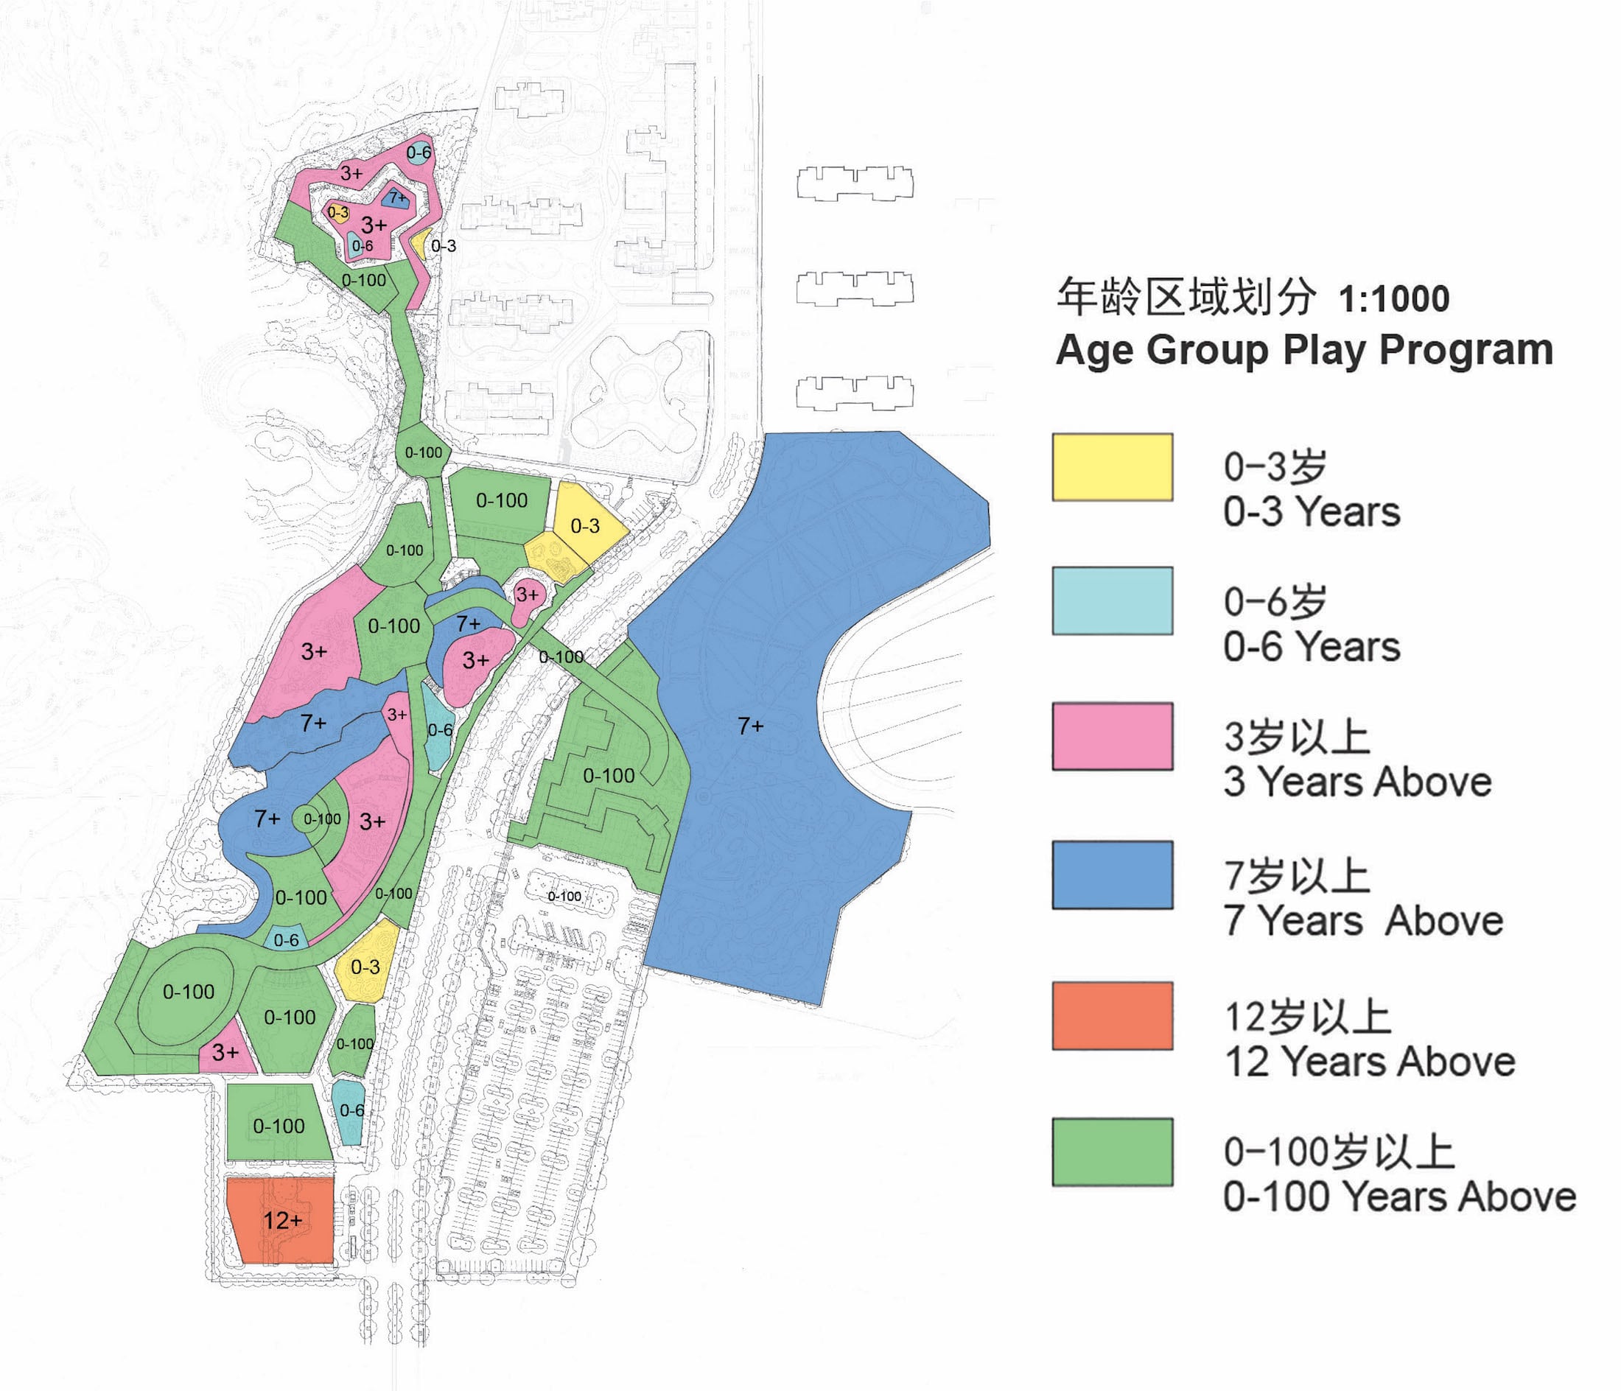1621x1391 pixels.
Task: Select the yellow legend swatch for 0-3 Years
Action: pos(1112,467)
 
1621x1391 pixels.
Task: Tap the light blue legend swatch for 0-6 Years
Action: pos(1112,601)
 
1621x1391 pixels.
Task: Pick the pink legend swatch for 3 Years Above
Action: pos(1112,736)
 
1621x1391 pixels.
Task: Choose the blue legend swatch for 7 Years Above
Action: pos(1112,875)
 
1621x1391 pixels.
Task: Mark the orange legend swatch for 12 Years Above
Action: pos(1112,1015)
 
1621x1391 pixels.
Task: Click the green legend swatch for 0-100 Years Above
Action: pos(1112,1152)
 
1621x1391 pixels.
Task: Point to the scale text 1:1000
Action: pos(1393,299)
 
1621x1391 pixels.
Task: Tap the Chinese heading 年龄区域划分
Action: pos(1186,298)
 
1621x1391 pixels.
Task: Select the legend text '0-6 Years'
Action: pos(1312,647)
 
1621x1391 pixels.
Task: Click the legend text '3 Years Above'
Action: pos(1357,782)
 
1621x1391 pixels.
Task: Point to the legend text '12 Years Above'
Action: pos(1369,1062)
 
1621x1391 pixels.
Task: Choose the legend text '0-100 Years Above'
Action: pos(1398,1197)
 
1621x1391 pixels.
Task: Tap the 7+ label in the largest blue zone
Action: pos(750,726)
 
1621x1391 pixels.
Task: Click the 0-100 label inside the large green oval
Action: pos(189,992)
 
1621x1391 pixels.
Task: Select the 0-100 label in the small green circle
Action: pos(322,819)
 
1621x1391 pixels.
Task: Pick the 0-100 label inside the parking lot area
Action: pos(564,897)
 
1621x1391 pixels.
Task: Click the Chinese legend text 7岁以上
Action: pos(1296,875)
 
